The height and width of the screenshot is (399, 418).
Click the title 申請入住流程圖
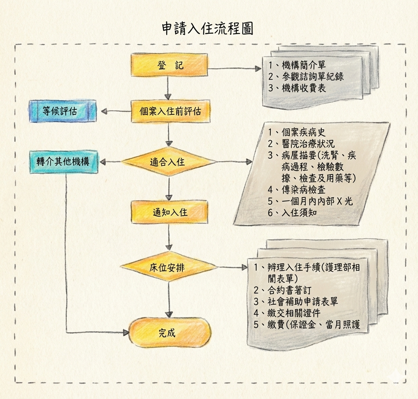point(207,28)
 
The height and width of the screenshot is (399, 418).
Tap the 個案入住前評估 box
point(171,111)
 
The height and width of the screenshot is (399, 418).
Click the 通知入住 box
point(170,212)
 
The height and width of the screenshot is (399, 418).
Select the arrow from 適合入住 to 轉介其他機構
point(111,162)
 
